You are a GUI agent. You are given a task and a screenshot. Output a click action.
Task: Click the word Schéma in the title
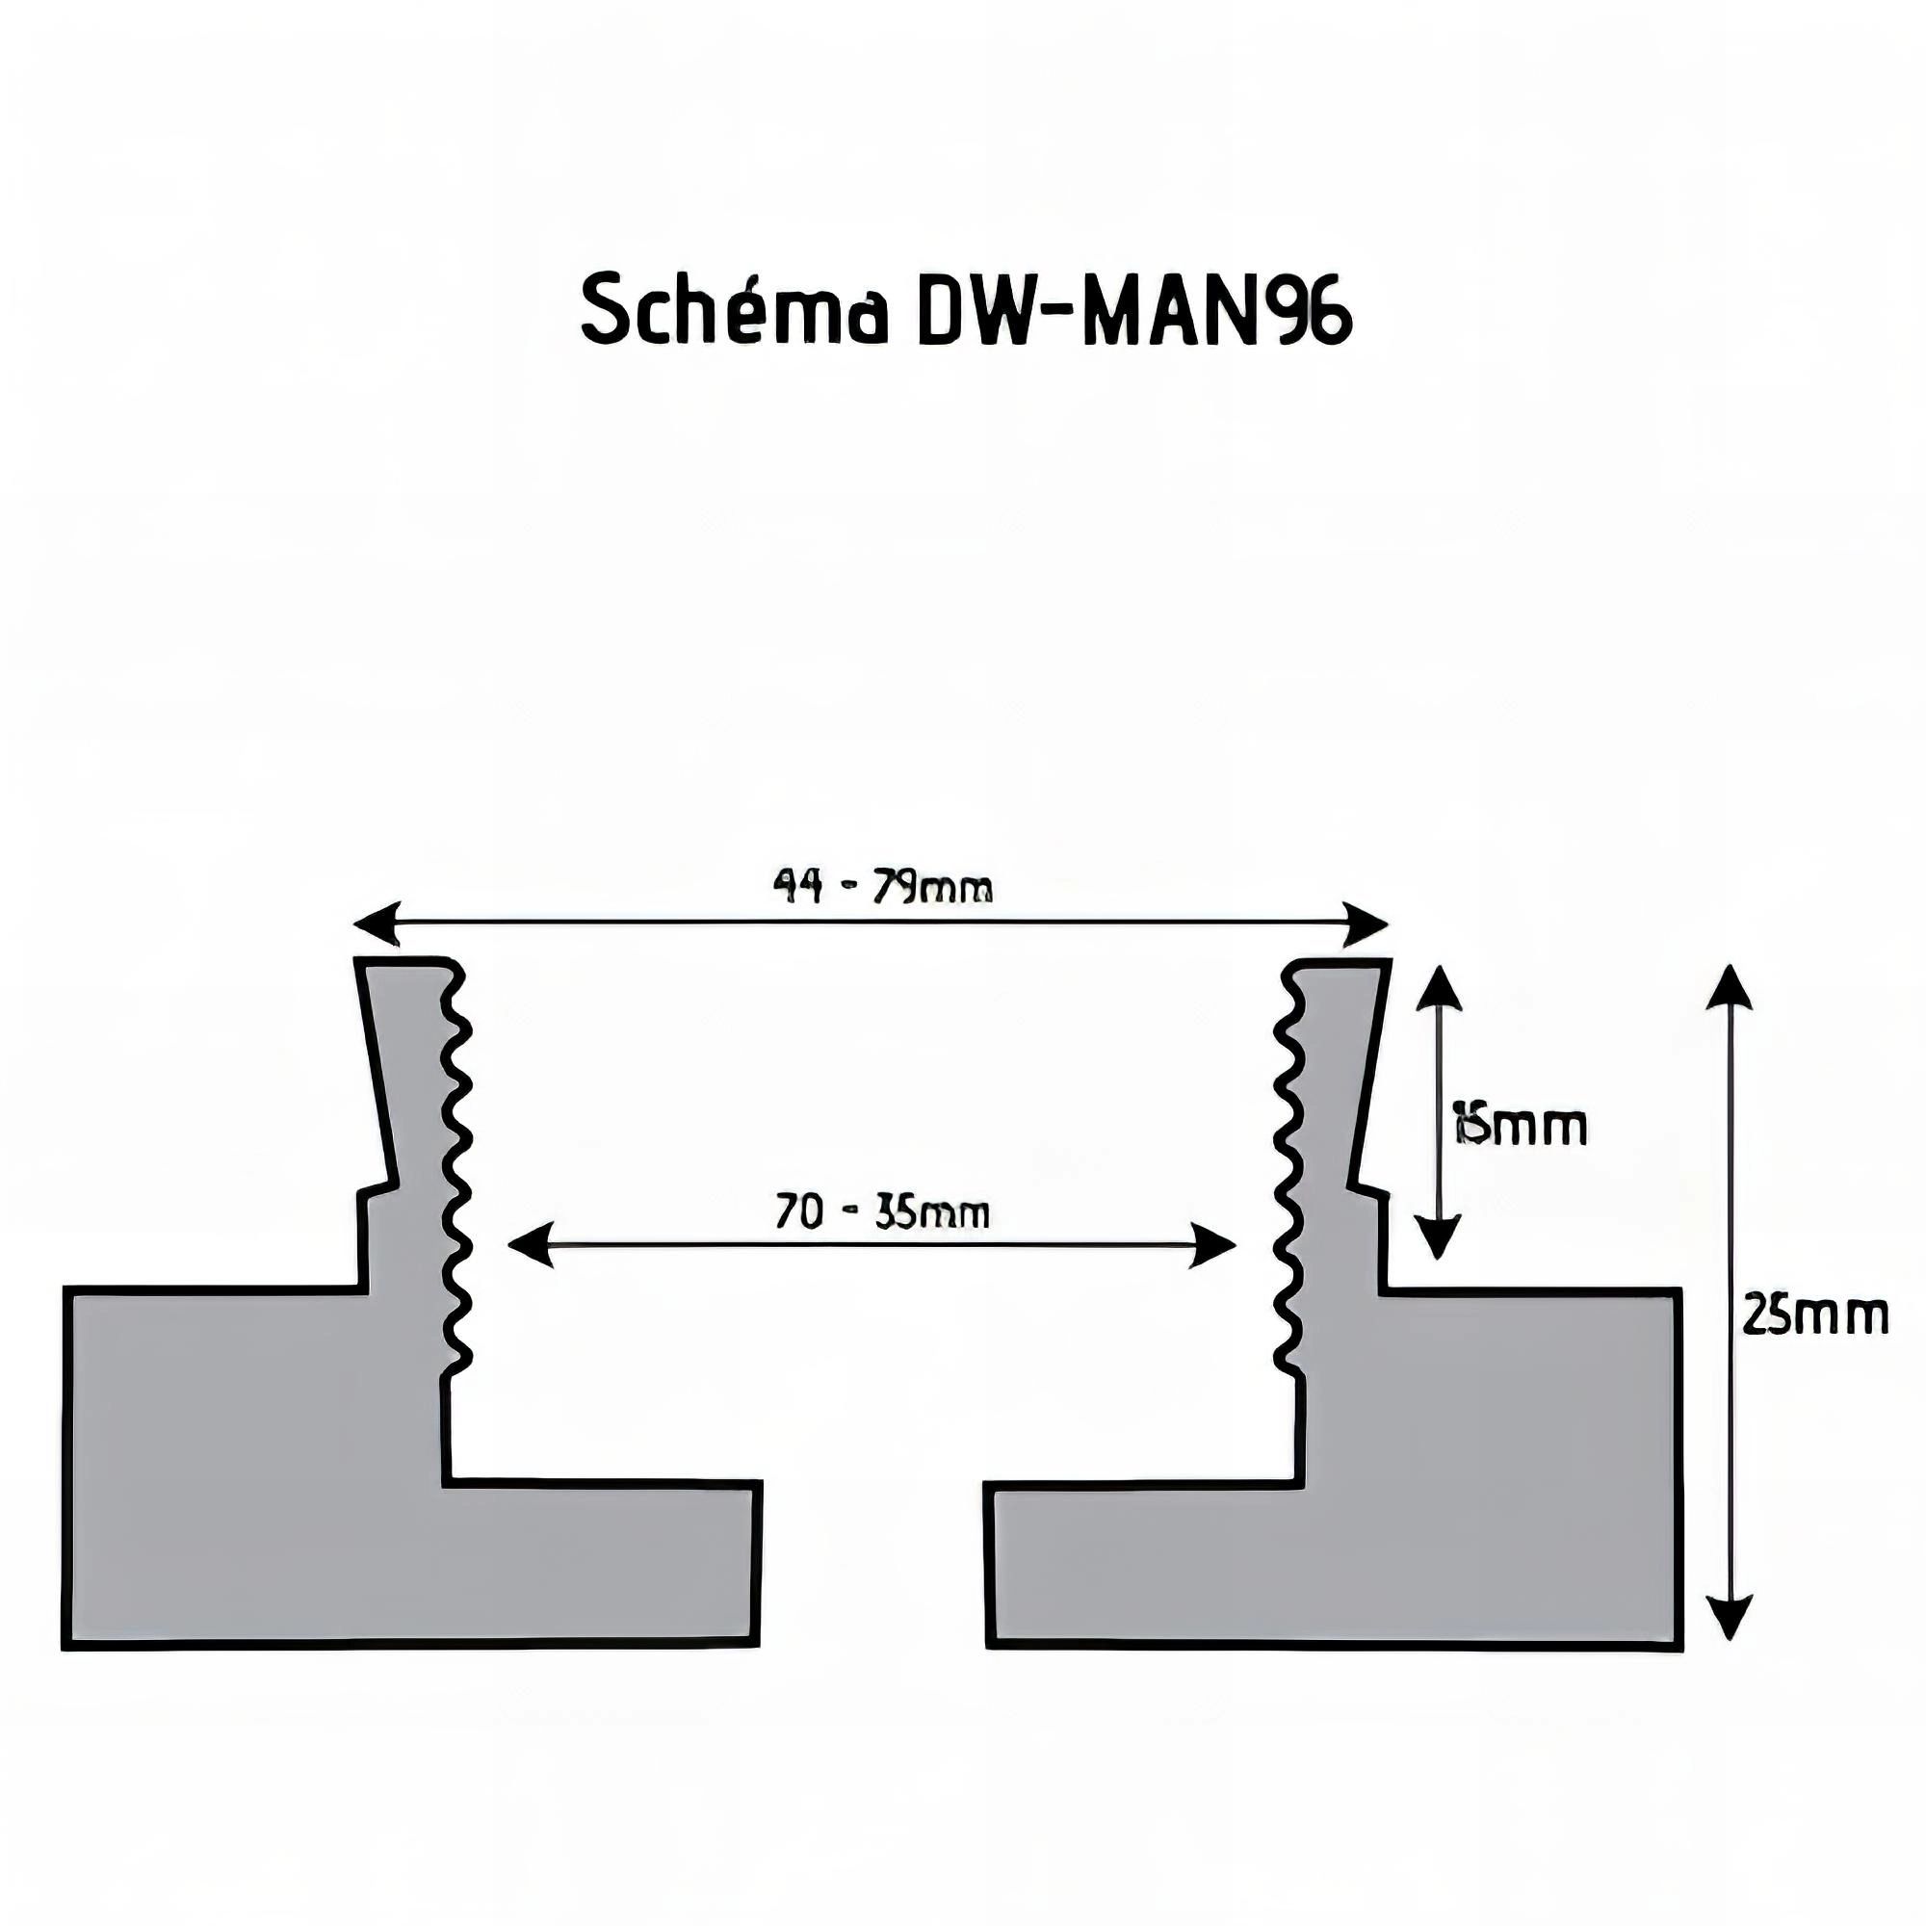(x=734, y=309)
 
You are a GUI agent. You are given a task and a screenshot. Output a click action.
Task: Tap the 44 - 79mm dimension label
(x=882, y=885)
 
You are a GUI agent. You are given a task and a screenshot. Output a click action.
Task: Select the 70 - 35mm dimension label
(x=882, y=1212)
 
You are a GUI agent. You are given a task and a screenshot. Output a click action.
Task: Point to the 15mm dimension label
(x=1520, y=1128)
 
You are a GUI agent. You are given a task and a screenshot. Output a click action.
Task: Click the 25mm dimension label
(x=1814, y=1314)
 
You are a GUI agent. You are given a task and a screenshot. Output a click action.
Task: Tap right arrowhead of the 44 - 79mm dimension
(x=1367, y=924)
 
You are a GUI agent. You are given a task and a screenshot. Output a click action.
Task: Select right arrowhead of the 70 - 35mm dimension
(x=1215, y=1245)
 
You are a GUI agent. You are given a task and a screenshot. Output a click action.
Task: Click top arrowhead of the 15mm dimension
(x=1437, y=990)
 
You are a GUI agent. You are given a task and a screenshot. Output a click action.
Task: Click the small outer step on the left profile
(x=375, y=1192)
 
